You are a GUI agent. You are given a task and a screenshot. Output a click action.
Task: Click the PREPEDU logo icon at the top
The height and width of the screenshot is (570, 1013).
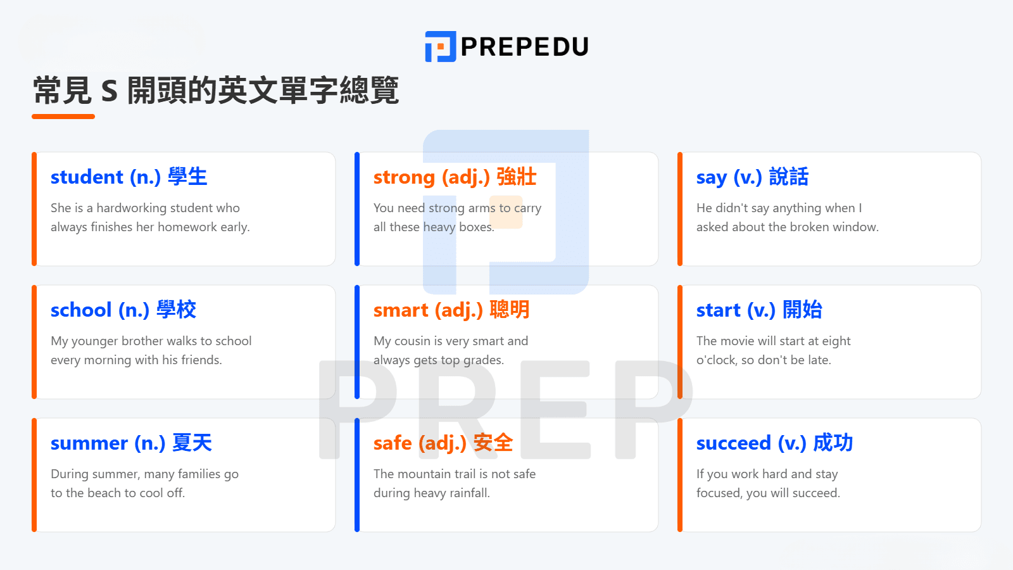tap(440, 47)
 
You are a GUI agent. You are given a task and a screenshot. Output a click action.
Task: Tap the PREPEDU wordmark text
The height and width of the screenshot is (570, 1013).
tap(525, 47)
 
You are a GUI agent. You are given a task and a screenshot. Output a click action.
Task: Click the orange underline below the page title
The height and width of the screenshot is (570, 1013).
tap(63, 117)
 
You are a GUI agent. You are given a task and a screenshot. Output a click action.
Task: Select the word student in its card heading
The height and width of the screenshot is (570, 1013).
tap(87, 177)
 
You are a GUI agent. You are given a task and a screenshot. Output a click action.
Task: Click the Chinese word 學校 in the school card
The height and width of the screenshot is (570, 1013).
tap(177, 310)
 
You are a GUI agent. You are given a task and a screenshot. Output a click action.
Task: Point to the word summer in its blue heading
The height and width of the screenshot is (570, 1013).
tap(89, 443)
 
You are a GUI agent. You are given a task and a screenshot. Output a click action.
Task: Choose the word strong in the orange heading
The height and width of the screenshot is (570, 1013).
tap(404, 177)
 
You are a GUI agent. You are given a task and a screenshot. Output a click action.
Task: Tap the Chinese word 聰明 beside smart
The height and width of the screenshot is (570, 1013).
tap(510, 310)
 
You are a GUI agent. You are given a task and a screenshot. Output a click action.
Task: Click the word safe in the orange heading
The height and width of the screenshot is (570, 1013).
tap(393, 443)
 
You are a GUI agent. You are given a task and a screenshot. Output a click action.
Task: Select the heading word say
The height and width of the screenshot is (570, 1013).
tap(712, 178)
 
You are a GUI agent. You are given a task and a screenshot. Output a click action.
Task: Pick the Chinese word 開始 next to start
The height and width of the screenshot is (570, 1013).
tap(802, 310)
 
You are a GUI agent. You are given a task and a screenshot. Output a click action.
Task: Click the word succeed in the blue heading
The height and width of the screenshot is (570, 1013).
tap(734, 443)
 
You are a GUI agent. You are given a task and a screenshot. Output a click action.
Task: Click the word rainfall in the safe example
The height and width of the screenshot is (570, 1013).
tap(469, 493)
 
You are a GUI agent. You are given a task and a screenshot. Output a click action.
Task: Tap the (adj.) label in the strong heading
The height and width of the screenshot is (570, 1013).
tap(465, 177)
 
